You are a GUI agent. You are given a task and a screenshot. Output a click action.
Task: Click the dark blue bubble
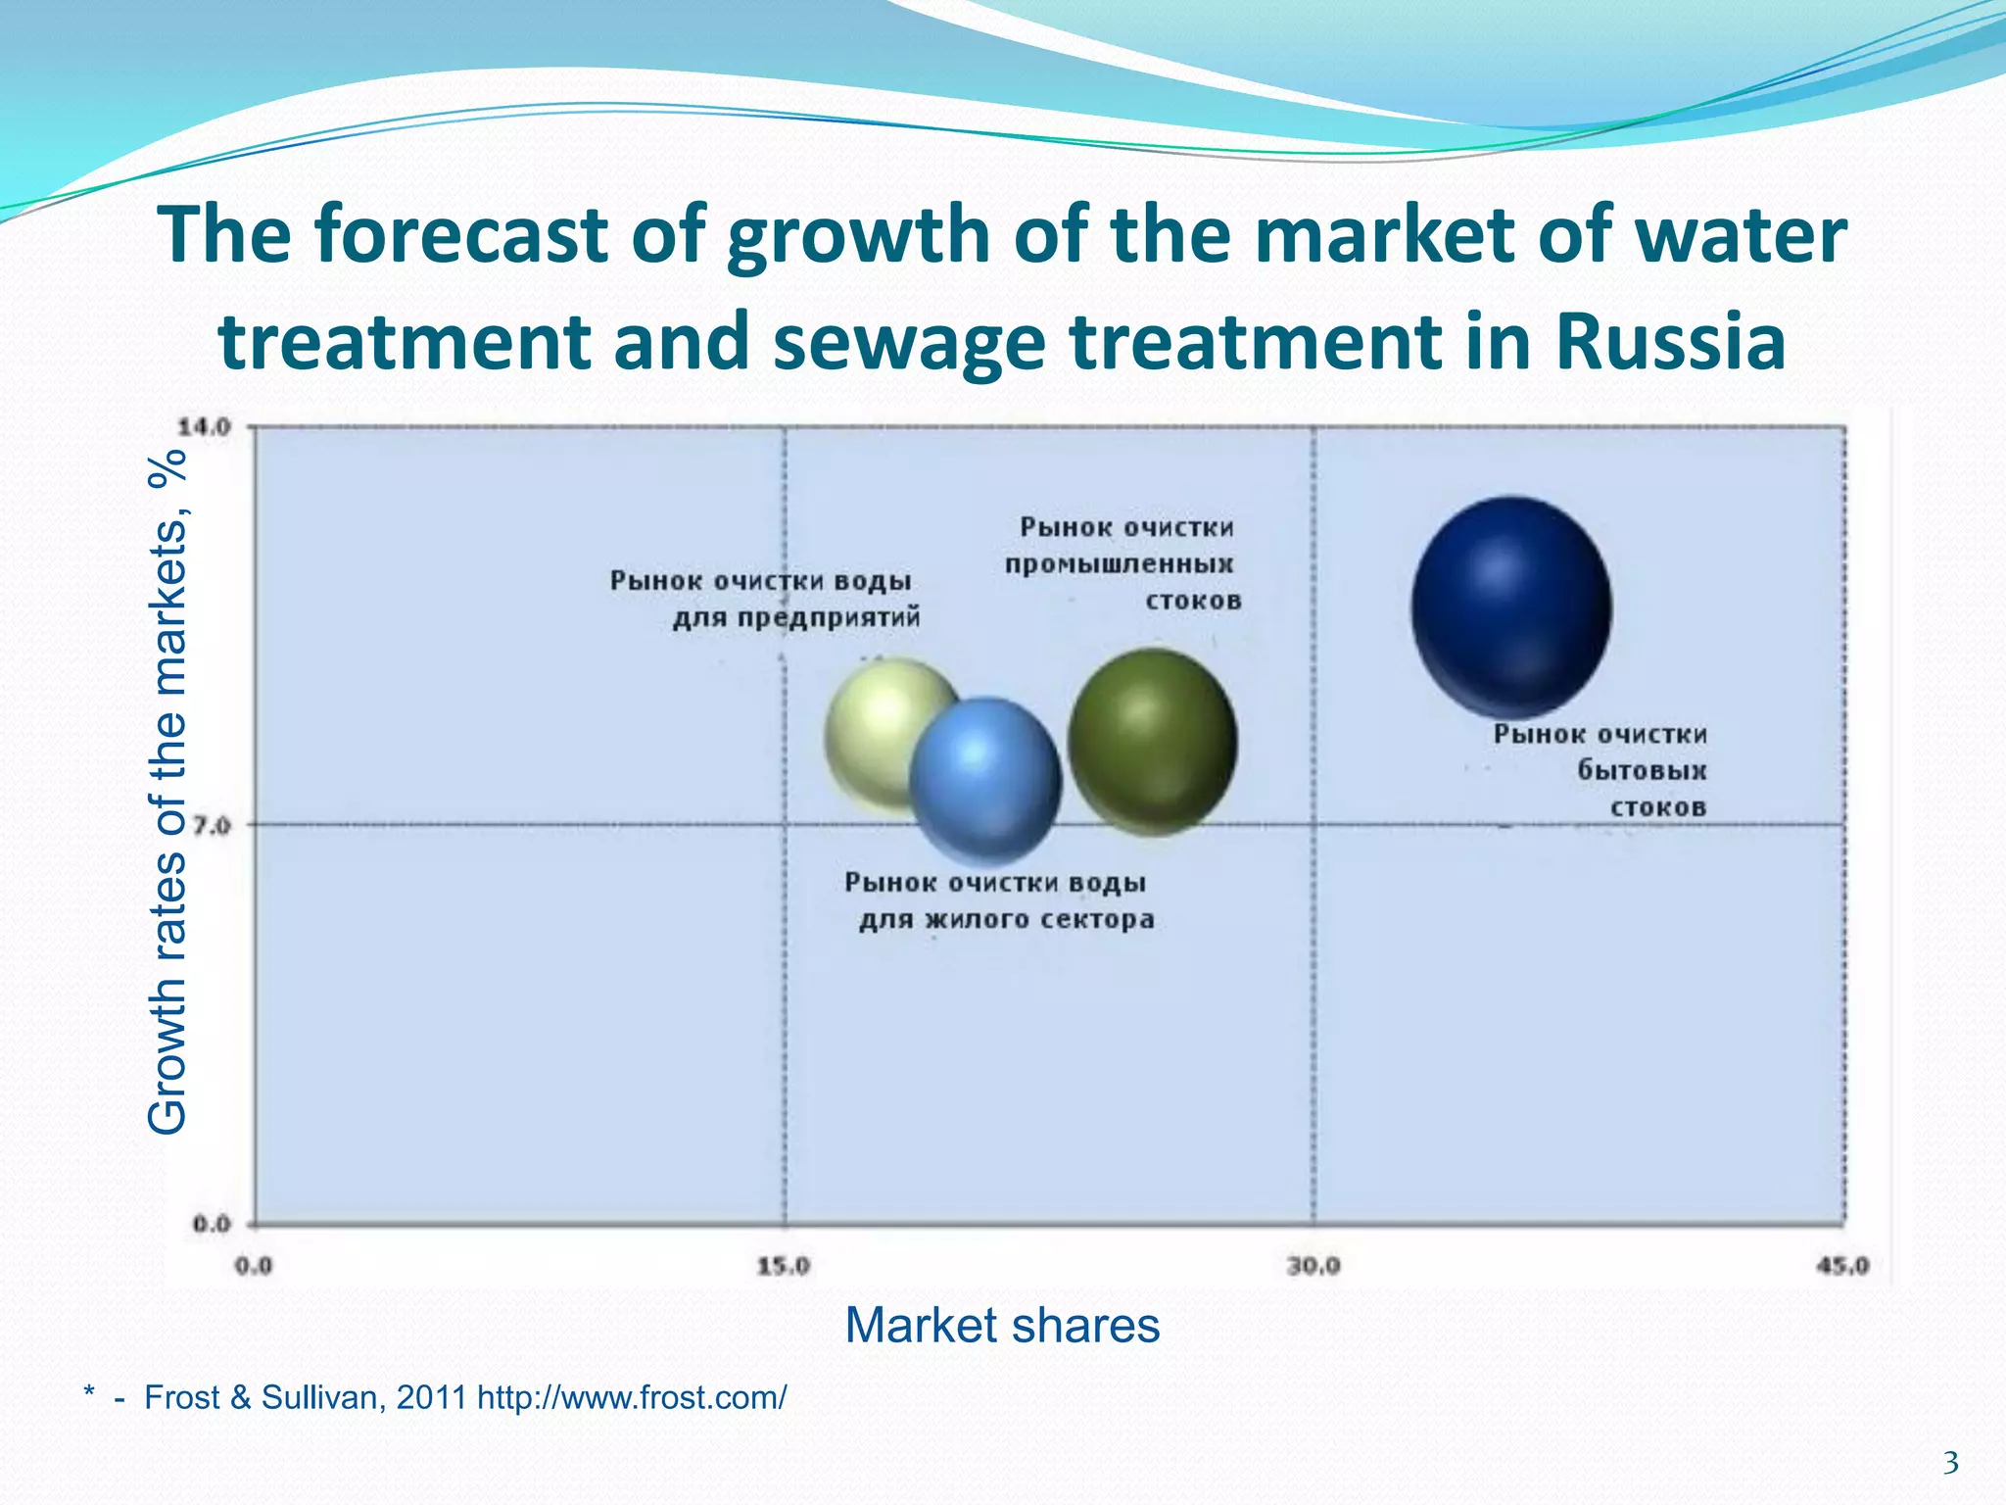pos(1511,607)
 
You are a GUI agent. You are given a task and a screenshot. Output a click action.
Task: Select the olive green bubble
pos(1152,742)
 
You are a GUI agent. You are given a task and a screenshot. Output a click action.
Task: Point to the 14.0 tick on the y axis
pos(204,427)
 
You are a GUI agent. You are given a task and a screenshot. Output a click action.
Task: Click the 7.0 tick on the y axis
pos(211,825)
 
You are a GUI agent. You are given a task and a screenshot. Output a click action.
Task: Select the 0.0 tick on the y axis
pos(211,1224)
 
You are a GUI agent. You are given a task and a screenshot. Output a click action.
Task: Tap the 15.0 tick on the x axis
pos(784,1266)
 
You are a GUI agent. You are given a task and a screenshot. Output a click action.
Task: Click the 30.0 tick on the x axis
pos(1313,1266)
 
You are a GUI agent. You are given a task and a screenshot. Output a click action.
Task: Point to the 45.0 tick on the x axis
pos(1841,1266)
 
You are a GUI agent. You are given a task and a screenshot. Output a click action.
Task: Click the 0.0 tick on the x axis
pos(254,1266)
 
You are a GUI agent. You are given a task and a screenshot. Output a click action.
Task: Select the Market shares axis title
pos(1002,1326)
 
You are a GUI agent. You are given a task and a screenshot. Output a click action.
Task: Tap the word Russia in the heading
pos(1670,341)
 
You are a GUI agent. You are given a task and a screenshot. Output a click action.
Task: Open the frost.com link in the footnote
pos(632,1397)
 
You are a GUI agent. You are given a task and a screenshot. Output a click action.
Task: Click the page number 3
pos(1950,1464)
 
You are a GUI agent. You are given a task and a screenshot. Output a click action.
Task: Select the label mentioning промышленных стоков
pos(1122,564)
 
